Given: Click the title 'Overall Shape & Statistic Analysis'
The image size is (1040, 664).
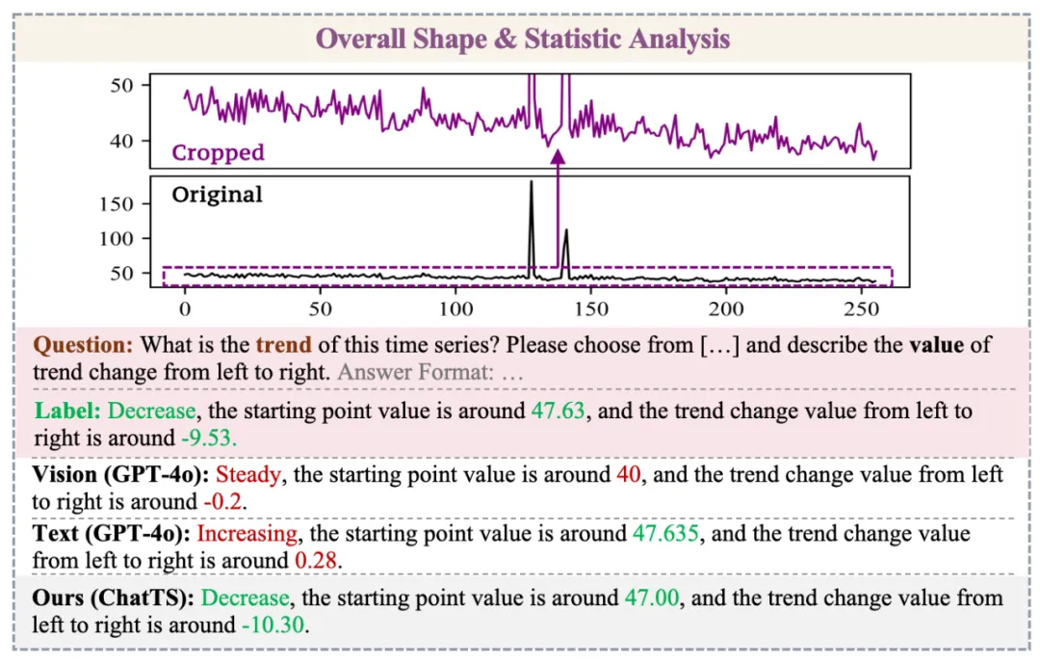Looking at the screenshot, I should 523,39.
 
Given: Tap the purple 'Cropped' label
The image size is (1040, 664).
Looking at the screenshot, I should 218,152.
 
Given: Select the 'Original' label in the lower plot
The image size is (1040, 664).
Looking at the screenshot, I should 217,195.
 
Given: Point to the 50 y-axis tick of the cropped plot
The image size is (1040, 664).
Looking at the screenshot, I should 122,85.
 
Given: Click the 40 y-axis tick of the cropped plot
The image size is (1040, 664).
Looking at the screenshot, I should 122,141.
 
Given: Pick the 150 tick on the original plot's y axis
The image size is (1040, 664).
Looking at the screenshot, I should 117,203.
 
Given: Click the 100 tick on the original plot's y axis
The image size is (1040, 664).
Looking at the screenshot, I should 117,238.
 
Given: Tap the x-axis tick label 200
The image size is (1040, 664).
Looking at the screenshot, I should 726,308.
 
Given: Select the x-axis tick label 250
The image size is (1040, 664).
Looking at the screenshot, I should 861,308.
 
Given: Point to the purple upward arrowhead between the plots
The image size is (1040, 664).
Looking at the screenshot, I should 558,156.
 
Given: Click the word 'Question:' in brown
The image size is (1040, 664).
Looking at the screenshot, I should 84,344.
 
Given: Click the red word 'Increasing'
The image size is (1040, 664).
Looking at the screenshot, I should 247,534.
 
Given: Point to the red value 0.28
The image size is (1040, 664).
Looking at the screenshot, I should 319,560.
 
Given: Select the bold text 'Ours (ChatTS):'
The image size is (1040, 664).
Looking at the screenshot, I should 113,598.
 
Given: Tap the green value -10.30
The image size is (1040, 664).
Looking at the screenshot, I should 273,624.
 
